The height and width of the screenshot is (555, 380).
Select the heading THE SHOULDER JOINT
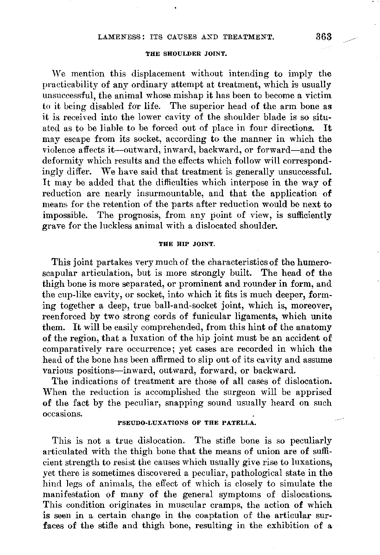[187, 54]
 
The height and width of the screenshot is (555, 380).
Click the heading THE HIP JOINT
[187, 244]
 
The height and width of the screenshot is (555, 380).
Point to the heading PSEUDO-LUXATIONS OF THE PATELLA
[187, 423]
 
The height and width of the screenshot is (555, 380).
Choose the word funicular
[225, 316]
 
